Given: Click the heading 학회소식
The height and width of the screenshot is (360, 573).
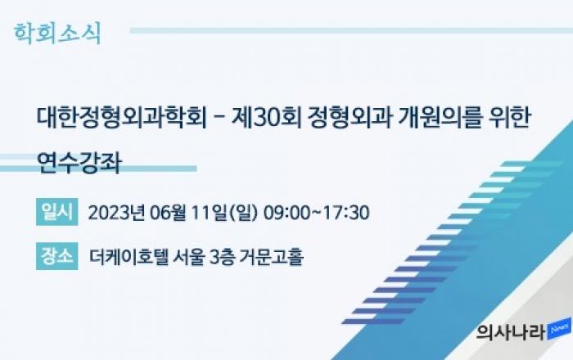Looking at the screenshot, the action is pyautogui.click(x=57, y=34).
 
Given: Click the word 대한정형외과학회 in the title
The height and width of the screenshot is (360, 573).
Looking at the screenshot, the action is pyautogui.click(x=122, y=118).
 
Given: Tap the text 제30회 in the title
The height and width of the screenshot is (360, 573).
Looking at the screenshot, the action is pyautogui.click(x=267, y=118).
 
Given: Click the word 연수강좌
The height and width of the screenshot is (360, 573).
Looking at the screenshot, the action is pyautogui.click(x=79, y=163).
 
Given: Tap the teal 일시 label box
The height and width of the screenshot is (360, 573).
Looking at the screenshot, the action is pyautogui.click(x=57, y=212).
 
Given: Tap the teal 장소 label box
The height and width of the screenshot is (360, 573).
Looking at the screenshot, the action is pyautogui.click(x=57, y=256).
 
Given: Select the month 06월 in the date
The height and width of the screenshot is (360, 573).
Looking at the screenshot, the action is pyautogui.click(x=168, y=213).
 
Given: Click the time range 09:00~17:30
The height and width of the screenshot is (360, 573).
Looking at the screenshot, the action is pyautogui.click(x=316, y=213).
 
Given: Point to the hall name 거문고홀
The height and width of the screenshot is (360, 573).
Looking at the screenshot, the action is pyautogui.click(x=272, y=257).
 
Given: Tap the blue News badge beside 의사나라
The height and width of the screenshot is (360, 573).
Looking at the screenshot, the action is pyautogui.click(x=559, y=329).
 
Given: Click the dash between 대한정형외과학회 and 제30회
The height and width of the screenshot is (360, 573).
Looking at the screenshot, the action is pyautogui.click(x=219, y=119).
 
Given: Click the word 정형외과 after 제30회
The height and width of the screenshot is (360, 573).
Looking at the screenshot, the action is pyautogui.click(x=350, y=118).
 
